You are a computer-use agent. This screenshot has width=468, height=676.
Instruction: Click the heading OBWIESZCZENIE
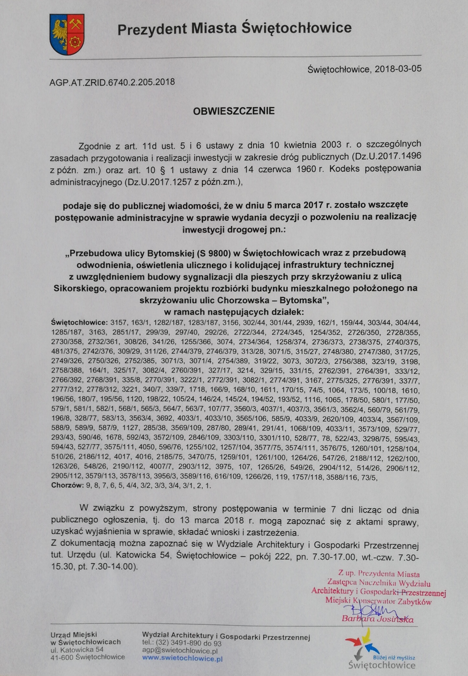[234, 111]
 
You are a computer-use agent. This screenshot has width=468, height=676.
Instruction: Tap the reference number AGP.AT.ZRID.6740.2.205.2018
[112, 82]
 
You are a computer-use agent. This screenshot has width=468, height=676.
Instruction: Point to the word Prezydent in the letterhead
[152, 29]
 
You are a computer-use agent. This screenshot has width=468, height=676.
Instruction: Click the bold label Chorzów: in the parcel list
[67, 485]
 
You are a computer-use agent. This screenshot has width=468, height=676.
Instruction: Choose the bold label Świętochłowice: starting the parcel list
[79, 323]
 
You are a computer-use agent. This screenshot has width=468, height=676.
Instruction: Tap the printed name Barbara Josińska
[378, 619]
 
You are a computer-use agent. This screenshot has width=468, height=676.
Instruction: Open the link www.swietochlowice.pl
[182, 658]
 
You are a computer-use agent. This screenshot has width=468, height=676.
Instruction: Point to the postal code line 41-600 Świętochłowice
[88, 657]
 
